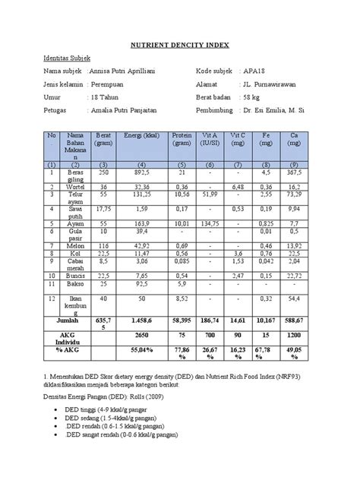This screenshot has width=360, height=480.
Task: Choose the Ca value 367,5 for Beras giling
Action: point(292,172)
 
